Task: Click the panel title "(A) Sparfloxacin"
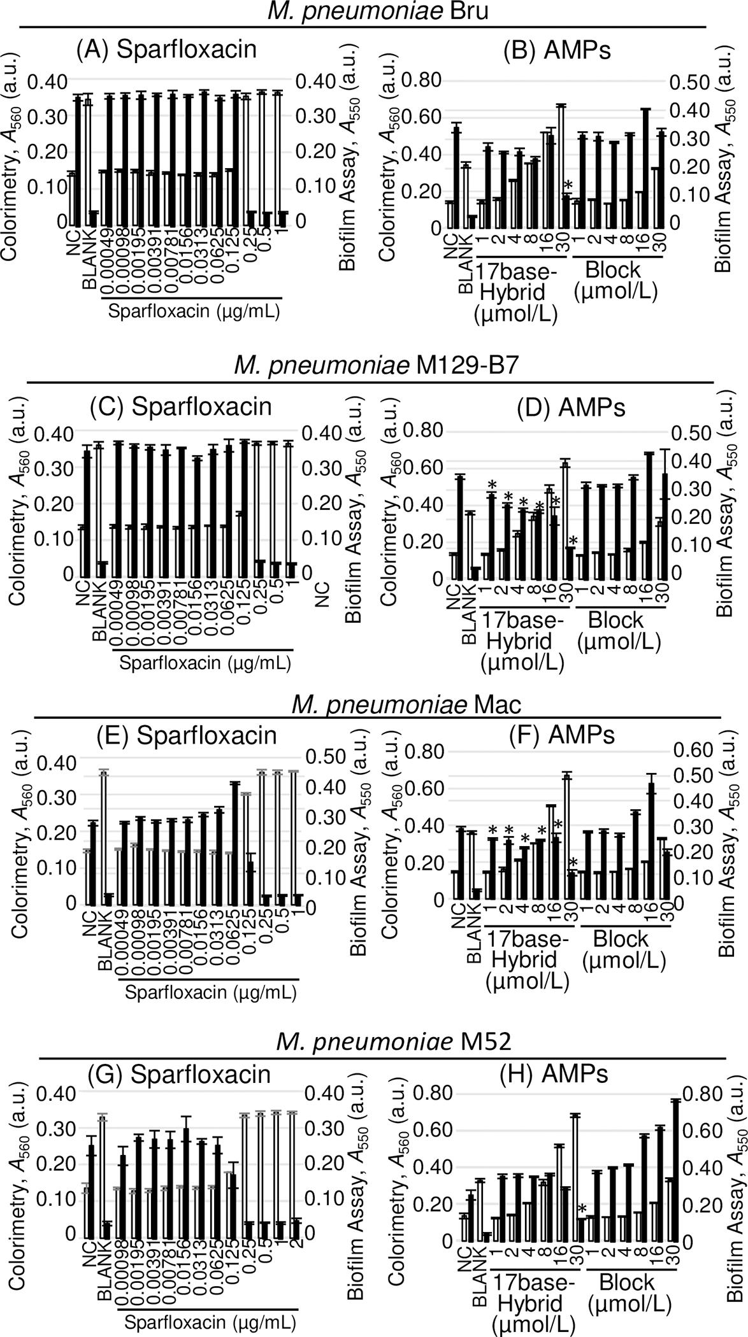pos(166,50)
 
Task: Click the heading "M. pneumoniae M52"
pos(394,1042)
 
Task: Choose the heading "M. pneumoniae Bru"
pos(377,11)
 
